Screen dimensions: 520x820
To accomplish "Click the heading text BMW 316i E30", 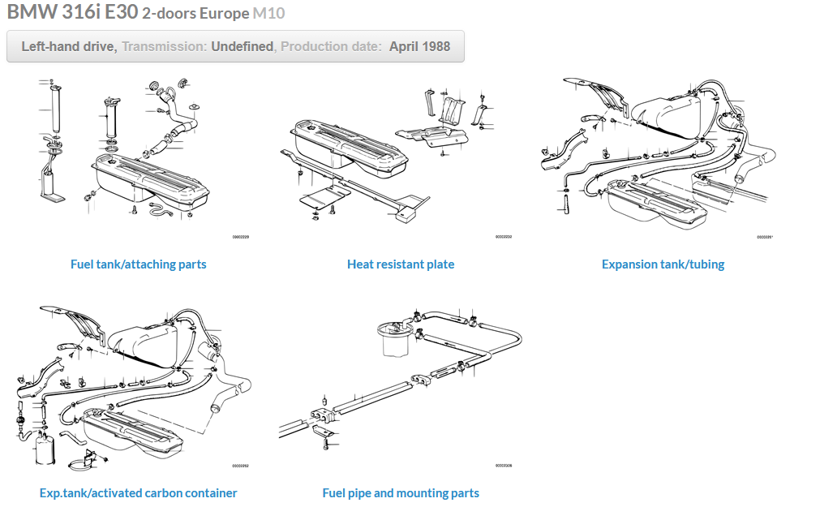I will (72, 13).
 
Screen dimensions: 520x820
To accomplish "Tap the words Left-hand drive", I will (69, 46).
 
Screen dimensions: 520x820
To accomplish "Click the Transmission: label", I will (165, 46).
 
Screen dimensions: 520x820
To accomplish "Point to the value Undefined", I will (242, 46).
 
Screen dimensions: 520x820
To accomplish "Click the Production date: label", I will (331, 46).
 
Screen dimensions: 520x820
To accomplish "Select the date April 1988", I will (419, 46).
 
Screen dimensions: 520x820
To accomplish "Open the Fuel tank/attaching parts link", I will (138, 264).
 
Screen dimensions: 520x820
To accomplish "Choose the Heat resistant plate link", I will (401, 264).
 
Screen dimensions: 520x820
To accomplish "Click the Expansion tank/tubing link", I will (663, 264).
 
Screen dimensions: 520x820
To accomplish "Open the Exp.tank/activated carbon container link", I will (138, 493).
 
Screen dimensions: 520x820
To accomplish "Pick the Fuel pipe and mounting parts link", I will (401, 493).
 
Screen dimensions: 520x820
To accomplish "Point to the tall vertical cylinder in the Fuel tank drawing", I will (54, 109).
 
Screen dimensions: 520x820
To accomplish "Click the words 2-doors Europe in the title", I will (195, 15).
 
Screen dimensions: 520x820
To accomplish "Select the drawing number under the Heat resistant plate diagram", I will (503, 237).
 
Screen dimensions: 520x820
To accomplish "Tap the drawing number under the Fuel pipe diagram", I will (503, 466).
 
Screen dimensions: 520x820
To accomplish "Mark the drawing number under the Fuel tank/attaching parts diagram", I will (240, 237).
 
